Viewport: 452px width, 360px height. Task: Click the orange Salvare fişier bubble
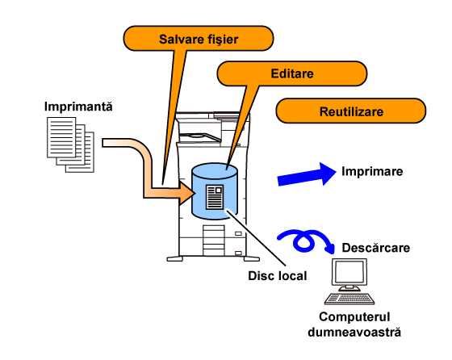tap(199, 39)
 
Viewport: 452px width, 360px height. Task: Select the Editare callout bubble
tap(291, 73)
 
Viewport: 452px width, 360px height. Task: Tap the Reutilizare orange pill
tap(351, 111)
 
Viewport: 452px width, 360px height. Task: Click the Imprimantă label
tap(78, 107)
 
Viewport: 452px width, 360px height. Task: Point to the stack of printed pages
tap(71, 144)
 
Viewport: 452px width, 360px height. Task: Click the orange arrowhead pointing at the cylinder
tap(186, 193)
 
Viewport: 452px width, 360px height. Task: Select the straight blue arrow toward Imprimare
tap(307, 175)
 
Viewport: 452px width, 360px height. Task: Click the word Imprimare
tap(372, 171)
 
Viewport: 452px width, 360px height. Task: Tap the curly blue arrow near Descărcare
tap(303, 241)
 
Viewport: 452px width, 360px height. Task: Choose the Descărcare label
tap(376, 248)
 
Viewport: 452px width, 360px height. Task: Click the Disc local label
tap(278, 276)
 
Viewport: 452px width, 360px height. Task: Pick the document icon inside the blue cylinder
tap(215, 197)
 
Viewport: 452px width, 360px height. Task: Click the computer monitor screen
tap(349, 271)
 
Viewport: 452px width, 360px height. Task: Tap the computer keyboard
tap(349, 299)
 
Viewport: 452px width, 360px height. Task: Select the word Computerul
tap(354, 316)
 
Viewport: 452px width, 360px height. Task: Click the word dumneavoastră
tap(354, 332)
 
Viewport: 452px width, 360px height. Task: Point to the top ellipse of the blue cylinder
tap(215, 170)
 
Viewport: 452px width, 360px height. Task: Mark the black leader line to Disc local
tap(257, 237)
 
